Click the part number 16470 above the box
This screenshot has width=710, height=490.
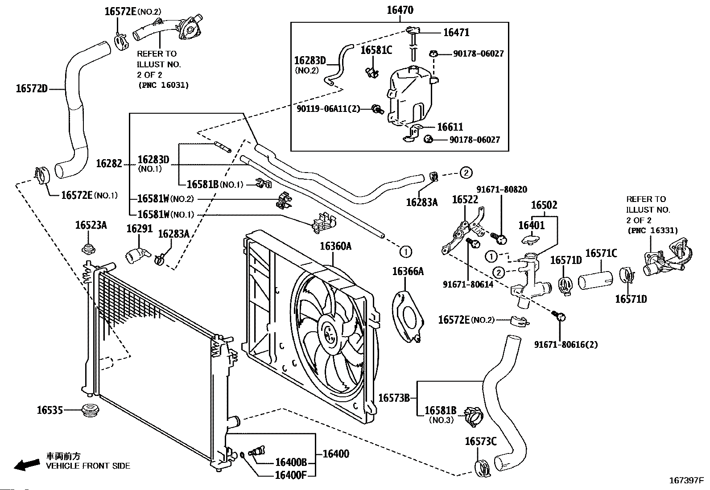point(400,10)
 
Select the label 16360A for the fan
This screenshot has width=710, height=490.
point(335,246)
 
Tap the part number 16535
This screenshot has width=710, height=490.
point(50,410)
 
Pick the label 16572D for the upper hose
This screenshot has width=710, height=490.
point(31,88)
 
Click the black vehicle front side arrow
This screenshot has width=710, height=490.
point(27,465)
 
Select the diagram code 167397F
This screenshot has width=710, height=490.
point(686,481)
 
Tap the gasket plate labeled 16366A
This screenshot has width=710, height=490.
point(408,317)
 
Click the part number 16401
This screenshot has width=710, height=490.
point(532,225)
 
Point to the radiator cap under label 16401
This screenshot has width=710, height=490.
point(531,239)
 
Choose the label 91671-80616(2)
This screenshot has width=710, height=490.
point(566,345)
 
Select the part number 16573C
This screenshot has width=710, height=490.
point(480,441)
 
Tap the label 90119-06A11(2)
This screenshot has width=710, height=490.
point(328,109)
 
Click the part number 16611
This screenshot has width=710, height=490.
point(450,127)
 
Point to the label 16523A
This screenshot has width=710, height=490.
point(91,225)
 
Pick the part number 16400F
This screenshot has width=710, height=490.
point(291,475)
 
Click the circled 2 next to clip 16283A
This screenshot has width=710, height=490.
point(466,173)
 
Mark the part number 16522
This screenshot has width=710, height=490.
point(465,200)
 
